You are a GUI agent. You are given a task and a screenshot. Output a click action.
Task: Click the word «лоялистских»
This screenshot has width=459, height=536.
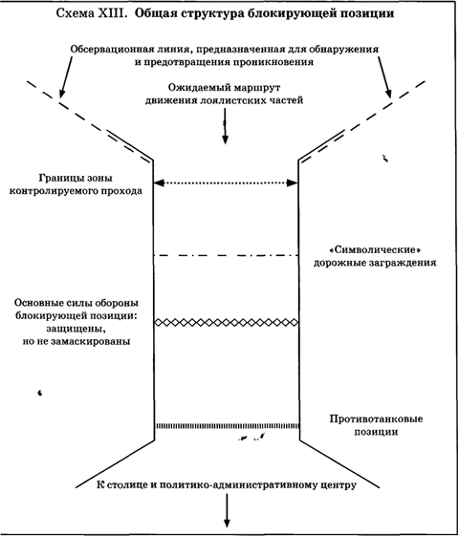tap(235, 101)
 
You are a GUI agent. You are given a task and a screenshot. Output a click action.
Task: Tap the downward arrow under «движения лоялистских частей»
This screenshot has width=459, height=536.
tap(225, 126)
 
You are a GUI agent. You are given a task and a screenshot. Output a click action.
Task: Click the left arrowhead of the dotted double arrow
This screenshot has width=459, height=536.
tap(159, 182)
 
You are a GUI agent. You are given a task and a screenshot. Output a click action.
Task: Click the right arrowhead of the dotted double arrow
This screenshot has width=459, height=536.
tap(292, 182)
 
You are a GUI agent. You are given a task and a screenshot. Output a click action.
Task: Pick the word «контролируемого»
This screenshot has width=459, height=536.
tap(49, 191)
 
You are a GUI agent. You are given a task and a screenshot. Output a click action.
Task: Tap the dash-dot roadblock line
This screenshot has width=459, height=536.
tap(226, 255)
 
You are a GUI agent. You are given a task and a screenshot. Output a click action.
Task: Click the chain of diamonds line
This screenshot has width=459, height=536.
tap(226, 322)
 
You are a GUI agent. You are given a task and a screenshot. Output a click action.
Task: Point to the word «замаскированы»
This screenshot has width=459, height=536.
tap(90, 341)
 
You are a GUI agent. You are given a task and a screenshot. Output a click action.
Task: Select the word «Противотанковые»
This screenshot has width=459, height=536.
tap(376, 419)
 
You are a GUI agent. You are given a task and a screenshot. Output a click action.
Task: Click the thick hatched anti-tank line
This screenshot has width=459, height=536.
tap(228, 426)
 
